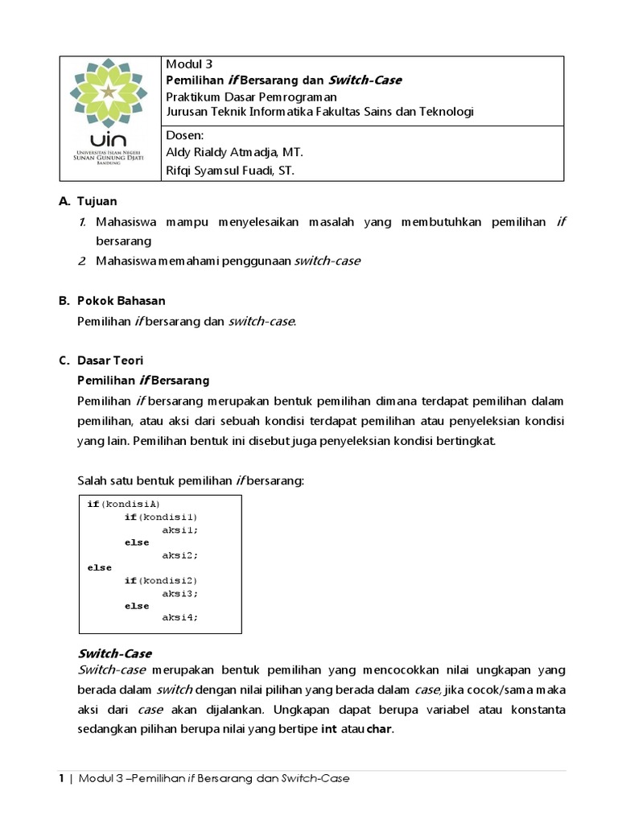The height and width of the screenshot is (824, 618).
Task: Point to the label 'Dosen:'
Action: click(184, 136)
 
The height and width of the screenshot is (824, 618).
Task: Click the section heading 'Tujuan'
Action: click(97, 200)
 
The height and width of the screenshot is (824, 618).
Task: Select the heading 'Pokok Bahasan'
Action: click(122, 300)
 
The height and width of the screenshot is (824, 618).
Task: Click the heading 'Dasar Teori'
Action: click(110, 360)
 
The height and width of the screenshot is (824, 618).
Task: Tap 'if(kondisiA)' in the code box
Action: click(124, 504)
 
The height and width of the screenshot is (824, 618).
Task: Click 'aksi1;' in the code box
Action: click(179, 529)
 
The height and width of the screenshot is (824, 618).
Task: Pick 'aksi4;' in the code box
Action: click(179, 617)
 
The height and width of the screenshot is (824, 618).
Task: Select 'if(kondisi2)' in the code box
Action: click(160, 580)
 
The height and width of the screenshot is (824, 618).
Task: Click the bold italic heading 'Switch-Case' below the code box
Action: click(114, 653)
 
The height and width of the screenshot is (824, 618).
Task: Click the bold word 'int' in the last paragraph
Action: click(328, 730)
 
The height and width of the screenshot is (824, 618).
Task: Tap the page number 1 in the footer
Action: click(61, 779)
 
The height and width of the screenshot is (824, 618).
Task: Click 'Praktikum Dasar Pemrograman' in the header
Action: click(250, 96)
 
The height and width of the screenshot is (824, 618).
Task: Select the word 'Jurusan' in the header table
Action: click(187, 111)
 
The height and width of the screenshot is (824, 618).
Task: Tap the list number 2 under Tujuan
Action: click(82, 261)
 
